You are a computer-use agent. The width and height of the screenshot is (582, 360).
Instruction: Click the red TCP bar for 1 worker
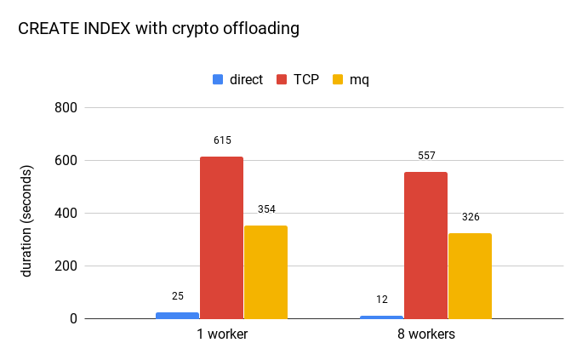pos(221,237)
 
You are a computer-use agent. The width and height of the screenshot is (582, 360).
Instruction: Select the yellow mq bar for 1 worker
pos(265,271)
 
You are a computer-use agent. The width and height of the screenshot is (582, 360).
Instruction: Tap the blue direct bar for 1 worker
pos(177,315)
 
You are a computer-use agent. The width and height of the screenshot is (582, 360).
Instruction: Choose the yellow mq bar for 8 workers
pos(470,276)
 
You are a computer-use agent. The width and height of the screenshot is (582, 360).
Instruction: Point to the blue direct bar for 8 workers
pos(381,317)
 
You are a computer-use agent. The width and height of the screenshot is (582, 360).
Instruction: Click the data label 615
pos(222,140)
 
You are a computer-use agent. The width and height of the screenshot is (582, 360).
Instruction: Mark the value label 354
pos(266,209)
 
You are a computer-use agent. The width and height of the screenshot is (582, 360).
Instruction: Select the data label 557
pos(426,156)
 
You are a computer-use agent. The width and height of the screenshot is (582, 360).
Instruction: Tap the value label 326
pos(471,217)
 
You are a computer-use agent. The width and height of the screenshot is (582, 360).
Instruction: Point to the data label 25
pos(178,296)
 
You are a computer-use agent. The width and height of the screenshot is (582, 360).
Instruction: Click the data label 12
pos(382,300)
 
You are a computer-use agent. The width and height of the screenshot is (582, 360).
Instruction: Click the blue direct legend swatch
pos(218,79)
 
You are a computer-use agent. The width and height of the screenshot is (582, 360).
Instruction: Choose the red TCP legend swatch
pos(281,79)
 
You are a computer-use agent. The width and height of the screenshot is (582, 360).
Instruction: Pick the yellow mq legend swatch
pos(338,79)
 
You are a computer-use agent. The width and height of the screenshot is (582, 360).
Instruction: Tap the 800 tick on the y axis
pos(66,108)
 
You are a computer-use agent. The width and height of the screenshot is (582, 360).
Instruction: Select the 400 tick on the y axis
pos(66,214)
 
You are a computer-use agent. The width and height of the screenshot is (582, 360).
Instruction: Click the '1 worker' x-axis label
pos(221,334)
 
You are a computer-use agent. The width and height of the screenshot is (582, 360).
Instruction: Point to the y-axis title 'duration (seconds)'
pos(26,214)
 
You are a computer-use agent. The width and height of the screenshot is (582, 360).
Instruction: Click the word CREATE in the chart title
pos(43,28)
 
